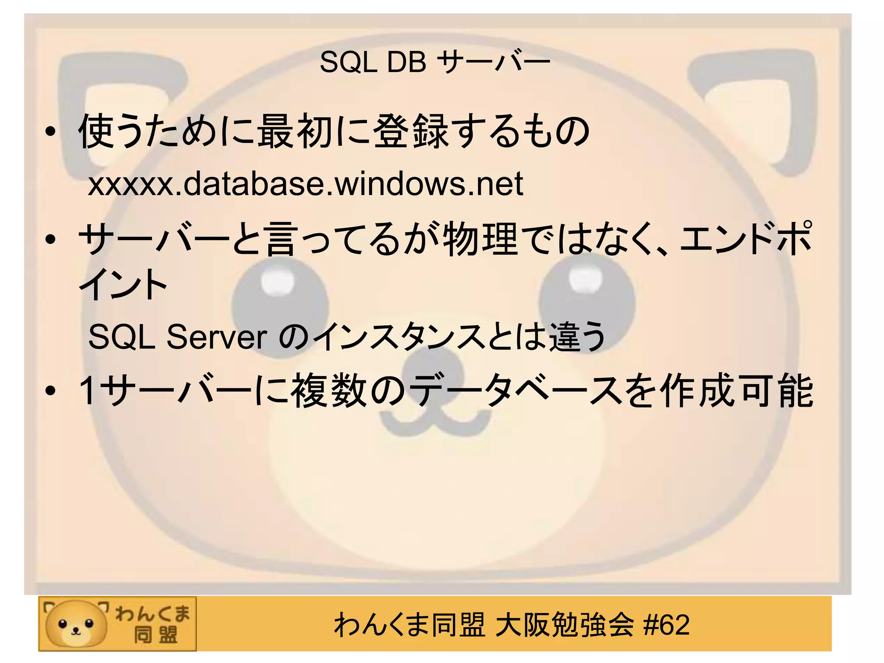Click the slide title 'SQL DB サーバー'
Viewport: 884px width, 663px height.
coord(435,62)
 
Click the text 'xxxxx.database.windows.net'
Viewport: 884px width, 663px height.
coord(306,184)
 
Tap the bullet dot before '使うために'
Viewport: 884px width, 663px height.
coord(51,132)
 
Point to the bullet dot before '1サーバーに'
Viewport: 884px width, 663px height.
coord(51,391)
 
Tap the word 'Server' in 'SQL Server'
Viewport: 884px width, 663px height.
coord(217,337)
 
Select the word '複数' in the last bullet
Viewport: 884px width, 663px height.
coord(328,391)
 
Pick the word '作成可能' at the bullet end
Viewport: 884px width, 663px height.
coord(736,391)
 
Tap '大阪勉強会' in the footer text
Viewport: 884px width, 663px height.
coord(565,625)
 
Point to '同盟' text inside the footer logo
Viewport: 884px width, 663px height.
coord(155,635)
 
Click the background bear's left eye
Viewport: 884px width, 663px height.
coord(279,302)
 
